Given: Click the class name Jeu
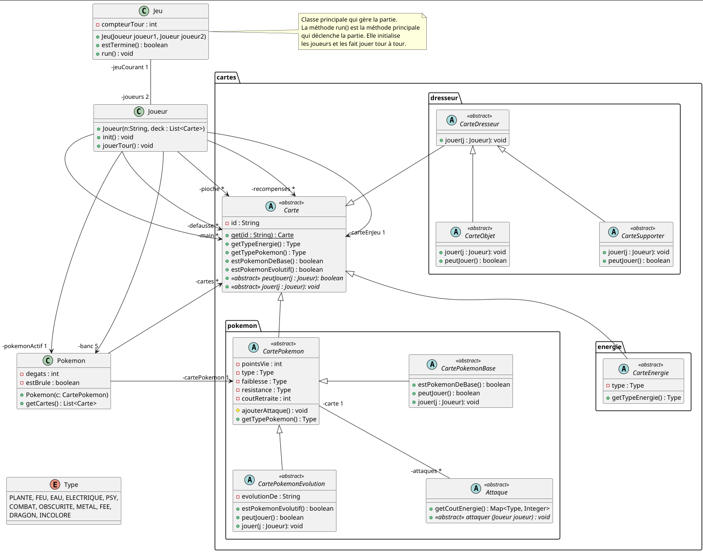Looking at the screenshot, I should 158,11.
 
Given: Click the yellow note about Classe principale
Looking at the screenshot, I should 362,32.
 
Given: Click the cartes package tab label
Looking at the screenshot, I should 226,77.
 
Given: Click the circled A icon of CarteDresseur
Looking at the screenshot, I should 451,120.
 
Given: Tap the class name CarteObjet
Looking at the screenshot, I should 480,236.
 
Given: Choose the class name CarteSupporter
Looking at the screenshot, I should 642,236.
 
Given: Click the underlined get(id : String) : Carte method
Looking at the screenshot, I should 262,235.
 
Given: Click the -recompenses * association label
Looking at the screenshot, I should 273,189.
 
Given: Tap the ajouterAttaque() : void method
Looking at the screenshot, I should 274,411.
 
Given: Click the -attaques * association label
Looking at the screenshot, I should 426,471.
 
